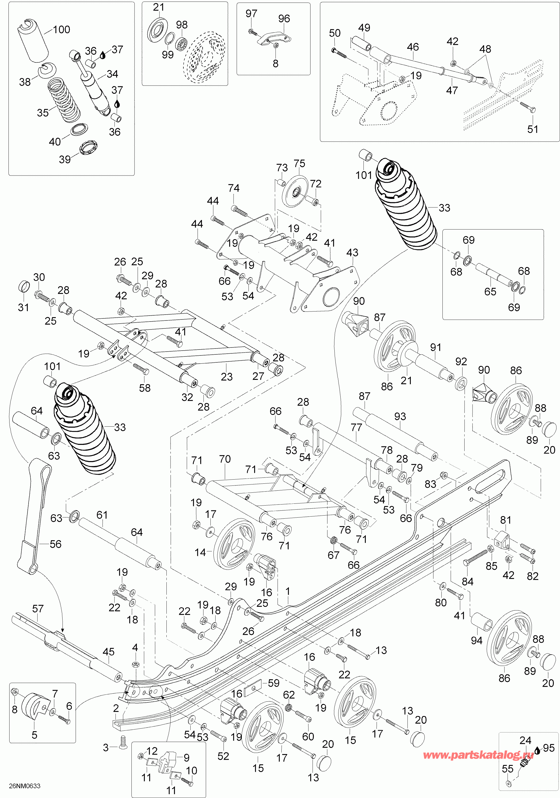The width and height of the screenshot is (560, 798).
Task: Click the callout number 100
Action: (x=61, y=30)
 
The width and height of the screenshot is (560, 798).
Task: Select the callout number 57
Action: (x=38, y=609)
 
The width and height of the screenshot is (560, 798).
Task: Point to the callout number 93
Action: (x=400, y=416)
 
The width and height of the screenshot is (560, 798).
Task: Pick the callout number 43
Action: (x=352, y=252)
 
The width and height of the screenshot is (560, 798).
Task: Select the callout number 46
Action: (x=413, y=47)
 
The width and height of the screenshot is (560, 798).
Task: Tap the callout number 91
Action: (x=435, y=347)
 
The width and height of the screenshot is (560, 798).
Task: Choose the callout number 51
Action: (x=532, y=129)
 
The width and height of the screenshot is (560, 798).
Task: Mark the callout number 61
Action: (x=102, y=515)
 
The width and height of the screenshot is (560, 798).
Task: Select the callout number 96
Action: (x=284, y=19)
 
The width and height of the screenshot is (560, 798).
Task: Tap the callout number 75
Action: (x=299, y=163)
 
